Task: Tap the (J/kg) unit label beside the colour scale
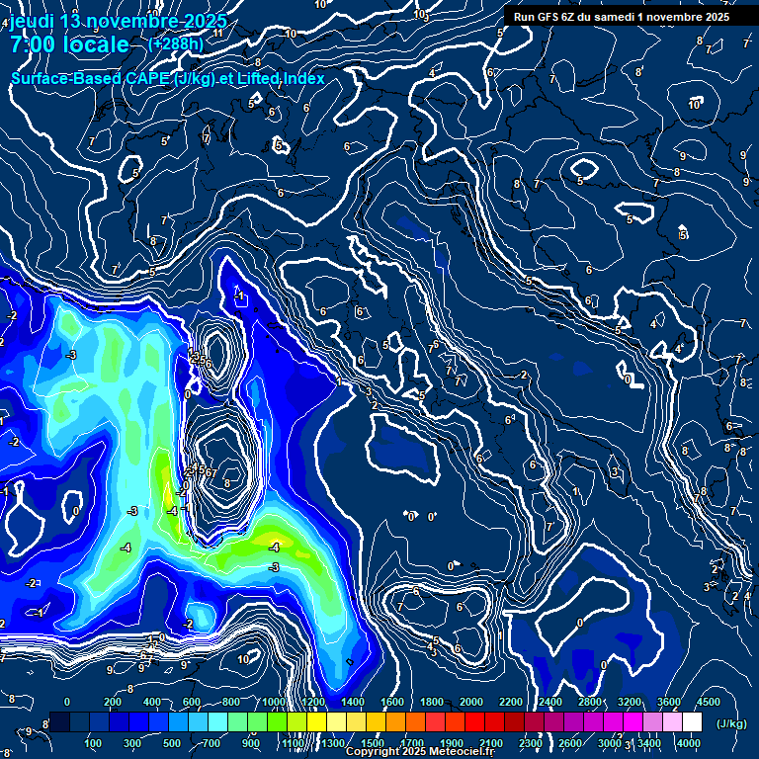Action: point(730,724)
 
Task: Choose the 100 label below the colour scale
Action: point(94,743)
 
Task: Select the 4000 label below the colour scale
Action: point(689,743)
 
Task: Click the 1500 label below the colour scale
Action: point(373,743)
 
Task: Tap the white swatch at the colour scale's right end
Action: point(692,722)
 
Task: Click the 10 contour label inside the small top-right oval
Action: point(695,104)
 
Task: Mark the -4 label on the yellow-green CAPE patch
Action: point(274,547)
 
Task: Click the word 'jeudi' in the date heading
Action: point(31,21)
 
